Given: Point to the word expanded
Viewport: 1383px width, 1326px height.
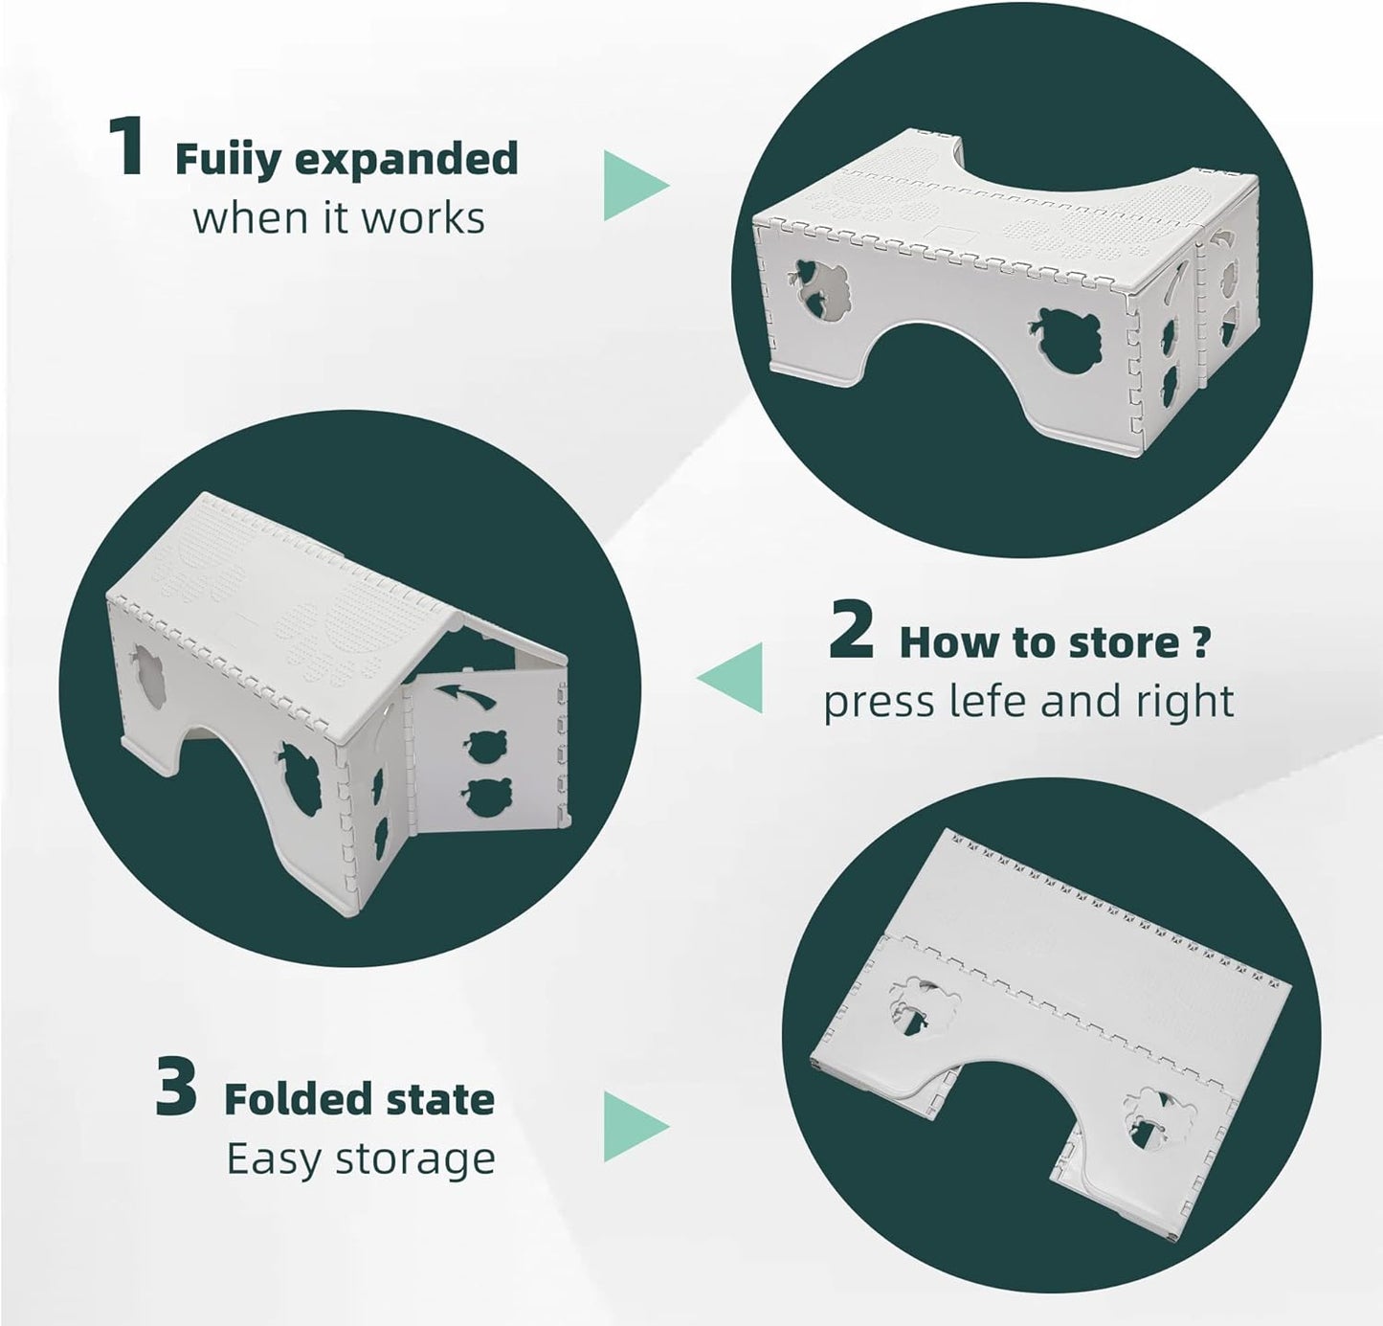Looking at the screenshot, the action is [406, 160].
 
